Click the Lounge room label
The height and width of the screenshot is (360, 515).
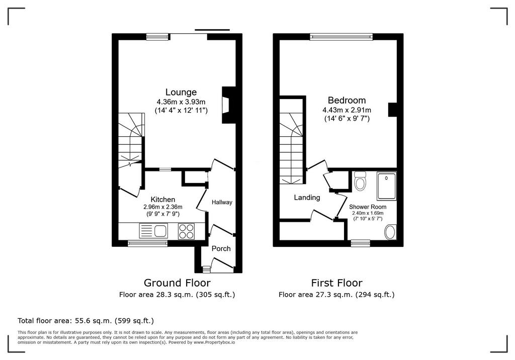pos(181,92)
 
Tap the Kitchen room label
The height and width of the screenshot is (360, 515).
pos(162,200)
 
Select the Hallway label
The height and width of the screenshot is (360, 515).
pos(222,202)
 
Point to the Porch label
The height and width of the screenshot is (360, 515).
pos(221,249)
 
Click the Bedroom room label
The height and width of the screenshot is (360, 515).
pos(347,100)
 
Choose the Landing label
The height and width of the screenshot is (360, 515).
pos(307,198)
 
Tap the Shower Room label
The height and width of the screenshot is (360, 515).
pos(368,207)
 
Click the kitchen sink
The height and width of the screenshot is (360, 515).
pos(153,231)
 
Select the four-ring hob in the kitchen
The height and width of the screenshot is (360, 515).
pos(186,231)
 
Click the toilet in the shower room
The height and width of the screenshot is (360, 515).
pos(360,181)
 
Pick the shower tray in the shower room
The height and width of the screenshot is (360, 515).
pos(387,186)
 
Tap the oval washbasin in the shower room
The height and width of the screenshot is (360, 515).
pos(390,232)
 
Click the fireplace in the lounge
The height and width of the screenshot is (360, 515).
pos(227,105)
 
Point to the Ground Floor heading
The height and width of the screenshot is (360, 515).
pos(177,283)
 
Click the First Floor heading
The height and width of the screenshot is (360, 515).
pos(336,283)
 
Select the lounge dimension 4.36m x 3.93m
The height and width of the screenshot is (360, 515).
pos(181,102)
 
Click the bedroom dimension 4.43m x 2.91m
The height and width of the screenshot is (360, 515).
pos(347,110)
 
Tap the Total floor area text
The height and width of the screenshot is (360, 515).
pos(85,321)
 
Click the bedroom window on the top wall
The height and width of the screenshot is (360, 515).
pos(341,37)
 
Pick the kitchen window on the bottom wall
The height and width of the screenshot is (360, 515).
pos(148,243)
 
